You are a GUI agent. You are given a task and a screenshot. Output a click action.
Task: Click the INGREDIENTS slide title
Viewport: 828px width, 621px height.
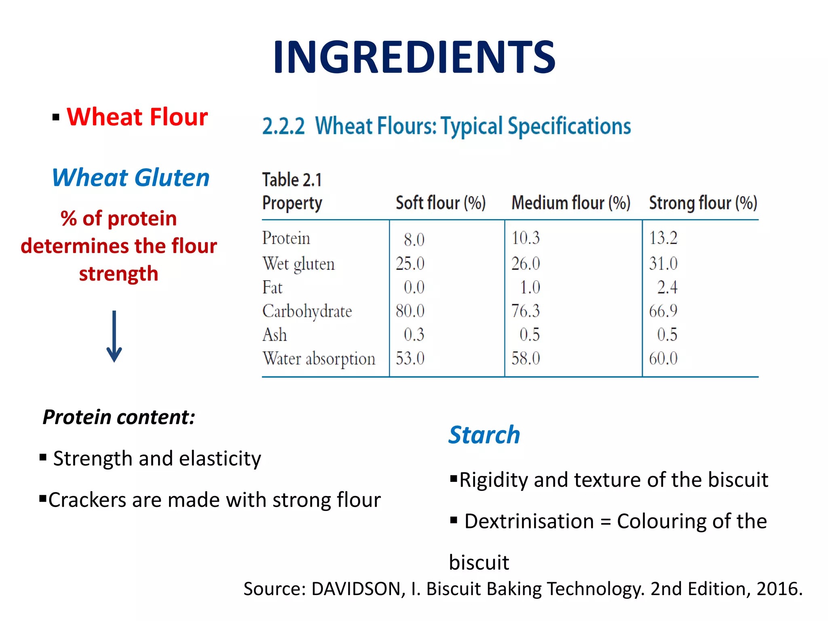(414, 57)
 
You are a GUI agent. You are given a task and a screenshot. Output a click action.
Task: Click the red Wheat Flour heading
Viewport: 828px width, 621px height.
(137, 117)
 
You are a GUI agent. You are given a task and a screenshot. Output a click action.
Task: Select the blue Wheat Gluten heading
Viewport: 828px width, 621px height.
(131, 178)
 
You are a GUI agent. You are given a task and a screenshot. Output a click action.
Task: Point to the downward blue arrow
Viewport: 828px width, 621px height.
(114, 336)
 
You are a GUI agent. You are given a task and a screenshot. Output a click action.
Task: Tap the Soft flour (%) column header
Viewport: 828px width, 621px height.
(440, 203)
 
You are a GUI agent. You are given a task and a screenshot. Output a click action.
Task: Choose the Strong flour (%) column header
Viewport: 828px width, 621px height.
(703, 203)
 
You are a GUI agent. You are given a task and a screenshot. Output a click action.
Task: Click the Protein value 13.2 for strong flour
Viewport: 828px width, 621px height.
(663, 238)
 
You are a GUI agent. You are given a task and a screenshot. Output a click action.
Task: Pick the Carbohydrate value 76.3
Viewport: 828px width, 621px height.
(525, 311)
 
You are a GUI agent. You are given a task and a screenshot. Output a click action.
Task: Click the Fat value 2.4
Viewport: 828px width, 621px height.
(667, 287)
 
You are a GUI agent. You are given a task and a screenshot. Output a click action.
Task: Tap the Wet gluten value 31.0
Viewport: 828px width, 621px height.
(663, 264)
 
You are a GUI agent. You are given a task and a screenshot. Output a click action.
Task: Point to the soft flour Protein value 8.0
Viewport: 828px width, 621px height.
(414, 240)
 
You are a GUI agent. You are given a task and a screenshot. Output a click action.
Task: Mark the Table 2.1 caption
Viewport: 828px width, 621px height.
(292, 180)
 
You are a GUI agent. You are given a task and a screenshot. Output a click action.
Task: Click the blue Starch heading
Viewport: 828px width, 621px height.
(484, 435)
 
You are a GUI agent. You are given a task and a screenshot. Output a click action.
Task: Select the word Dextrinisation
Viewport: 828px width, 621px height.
(529, 521)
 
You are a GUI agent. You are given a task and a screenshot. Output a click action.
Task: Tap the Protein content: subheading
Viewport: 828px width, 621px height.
(119, 417)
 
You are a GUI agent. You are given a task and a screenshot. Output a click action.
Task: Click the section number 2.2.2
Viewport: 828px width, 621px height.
(283, 126)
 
